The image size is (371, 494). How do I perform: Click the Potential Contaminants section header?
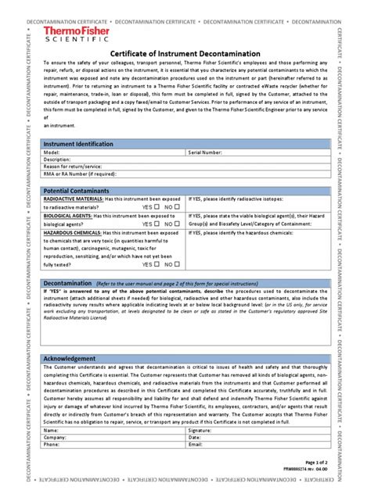tap(75, 191)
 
